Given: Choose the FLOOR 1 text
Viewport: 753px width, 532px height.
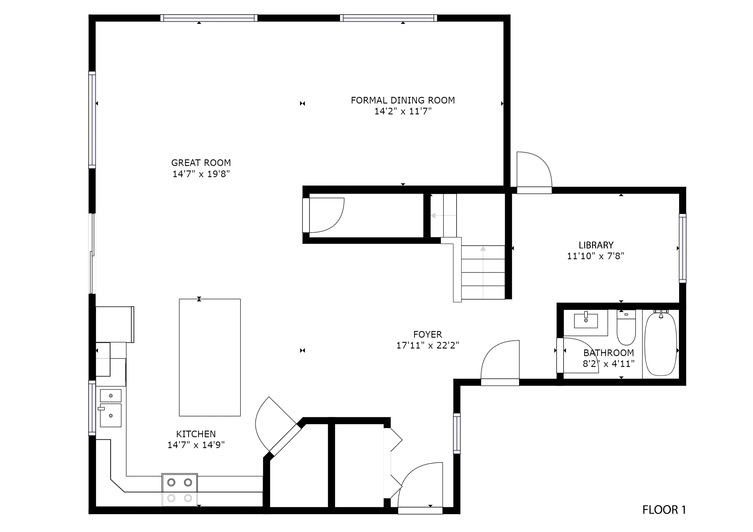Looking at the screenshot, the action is pyautogui.click(x=664, y=510).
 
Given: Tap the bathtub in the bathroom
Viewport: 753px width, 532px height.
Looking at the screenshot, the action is pyautogui.click(x=661, y=344).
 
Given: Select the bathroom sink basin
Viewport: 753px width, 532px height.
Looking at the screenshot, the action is pyautogui.click(x=586, y=321).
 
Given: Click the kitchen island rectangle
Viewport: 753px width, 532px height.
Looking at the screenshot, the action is pyautogui.click(x=210, y=357).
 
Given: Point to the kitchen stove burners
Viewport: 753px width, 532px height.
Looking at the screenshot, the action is pyautogui.click(x=180, y=490).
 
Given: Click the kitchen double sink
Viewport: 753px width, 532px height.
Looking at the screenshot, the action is pyautogui.click(x=111, y=408).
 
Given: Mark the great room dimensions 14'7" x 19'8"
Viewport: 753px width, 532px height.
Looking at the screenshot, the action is pyautogui.click(x=201, y=174).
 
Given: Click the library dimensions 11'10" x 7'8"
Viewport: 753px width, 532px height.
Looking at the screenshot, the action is pyautogui.click(x=596, y=256).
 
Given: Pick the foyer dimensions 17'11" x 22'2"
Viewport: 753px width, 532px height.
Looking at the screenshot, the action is pyautogui.click(x=428, y=345).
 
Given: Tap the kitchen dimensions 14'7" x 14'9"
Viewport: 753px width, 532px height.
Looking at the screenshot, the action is pyautogui.click(x=196, y=445).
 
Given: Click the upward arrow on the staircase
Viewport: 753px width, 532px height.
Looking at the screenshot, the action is pyautogui.click(x=483, y=272).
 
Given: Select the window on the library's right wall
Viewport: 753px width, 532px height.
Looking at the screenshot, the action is pyautogui.click(x=682, y=248).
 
